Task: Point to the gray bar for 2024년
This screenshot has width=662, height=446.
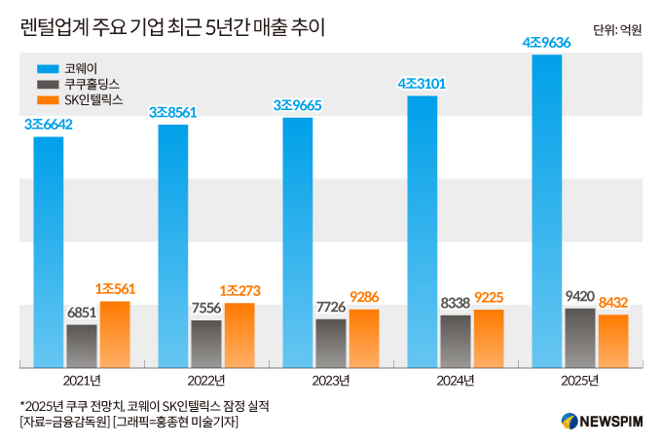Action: [456, 341]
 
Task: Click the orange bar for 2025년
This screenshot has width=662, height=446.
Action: [613, 341]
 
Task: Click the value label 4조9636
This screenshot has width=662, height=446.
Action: [547, 43]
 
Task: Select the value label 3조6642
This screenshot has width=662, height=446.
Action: [49, 125]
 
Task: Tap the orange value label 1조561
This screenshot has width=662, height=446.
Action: [115, 289]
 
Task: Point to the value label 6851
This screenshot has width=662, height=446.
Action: [82, 313]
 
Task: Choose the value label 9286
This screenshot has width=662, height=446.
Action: [364, 297]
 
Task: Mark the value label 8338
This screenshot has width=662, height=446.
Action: [456, 304]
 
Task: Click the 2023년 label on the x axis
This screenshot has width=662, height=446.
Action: [330, 379]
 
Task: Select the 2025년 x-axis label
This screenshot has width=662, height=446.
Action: [579, 379]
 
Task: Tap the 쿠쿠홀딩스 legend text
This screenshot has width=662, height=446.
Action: [93, 85]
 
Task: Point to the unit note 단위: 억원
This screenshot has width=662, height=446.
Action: [617, 30]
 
